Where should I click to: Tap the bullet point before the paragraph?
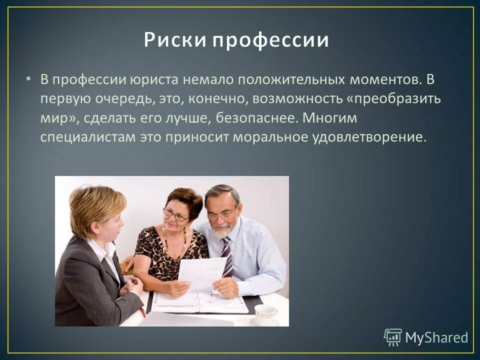[x=28, y=79]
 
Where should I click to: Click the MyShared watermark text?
[x=436, y=337]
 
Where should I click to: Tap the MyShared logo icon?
[x=393, y=337]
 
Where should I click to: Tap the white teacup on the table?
[x=265, y=313]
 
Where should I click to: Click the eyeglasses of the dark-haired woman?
[x=176, y=215]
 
